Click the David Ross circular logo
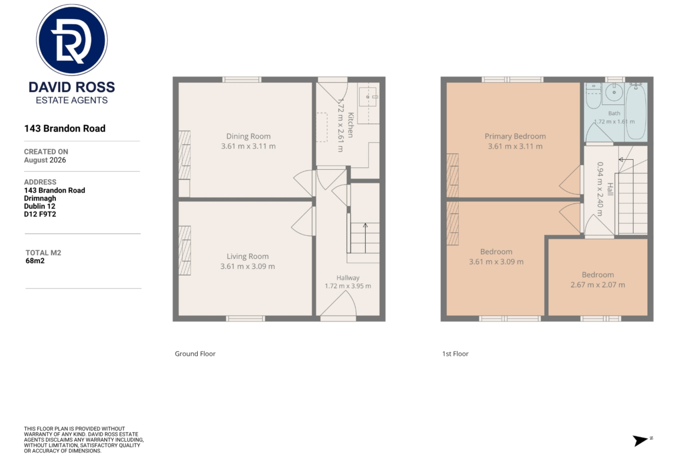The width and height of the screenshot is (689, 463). click(72, 40)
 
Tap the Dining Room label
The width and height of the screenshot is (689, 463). click(249, 136)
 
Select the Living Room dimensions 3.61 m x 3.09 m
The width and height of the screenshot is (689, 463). click(247, 266)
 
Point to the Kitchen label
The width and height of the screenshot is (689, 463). click(350, 125)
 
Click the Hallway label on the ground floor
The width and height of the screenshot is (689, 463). click(347, 278)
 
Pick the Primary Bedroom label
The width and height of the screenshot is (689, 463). click(515, 136)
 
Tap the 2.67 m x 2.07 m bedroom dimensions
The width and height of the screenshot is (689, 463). click(598, 285)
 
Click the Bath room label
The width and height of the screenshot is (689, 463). click(614, 113)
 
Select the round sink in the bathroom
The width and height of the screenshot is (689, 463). click(614, 93)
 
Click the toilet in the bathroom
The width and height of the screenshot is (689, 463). click(593, 96)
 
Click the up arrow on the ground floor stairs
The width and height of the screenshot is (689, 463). click(365, 238)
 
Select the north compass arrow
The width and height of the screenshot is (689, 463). click(640, 440)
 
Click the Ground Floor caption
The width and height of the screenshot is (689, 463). click(195, 354)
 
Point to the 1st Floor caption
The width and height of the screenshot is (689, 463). click(455, 354)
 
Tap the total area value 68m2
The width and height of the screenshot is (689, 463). click(35, 261)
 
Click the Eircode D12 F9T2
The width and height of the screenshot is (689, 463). click(40, 214)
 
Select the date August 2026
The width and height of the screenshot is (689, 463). click(45, 160)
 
